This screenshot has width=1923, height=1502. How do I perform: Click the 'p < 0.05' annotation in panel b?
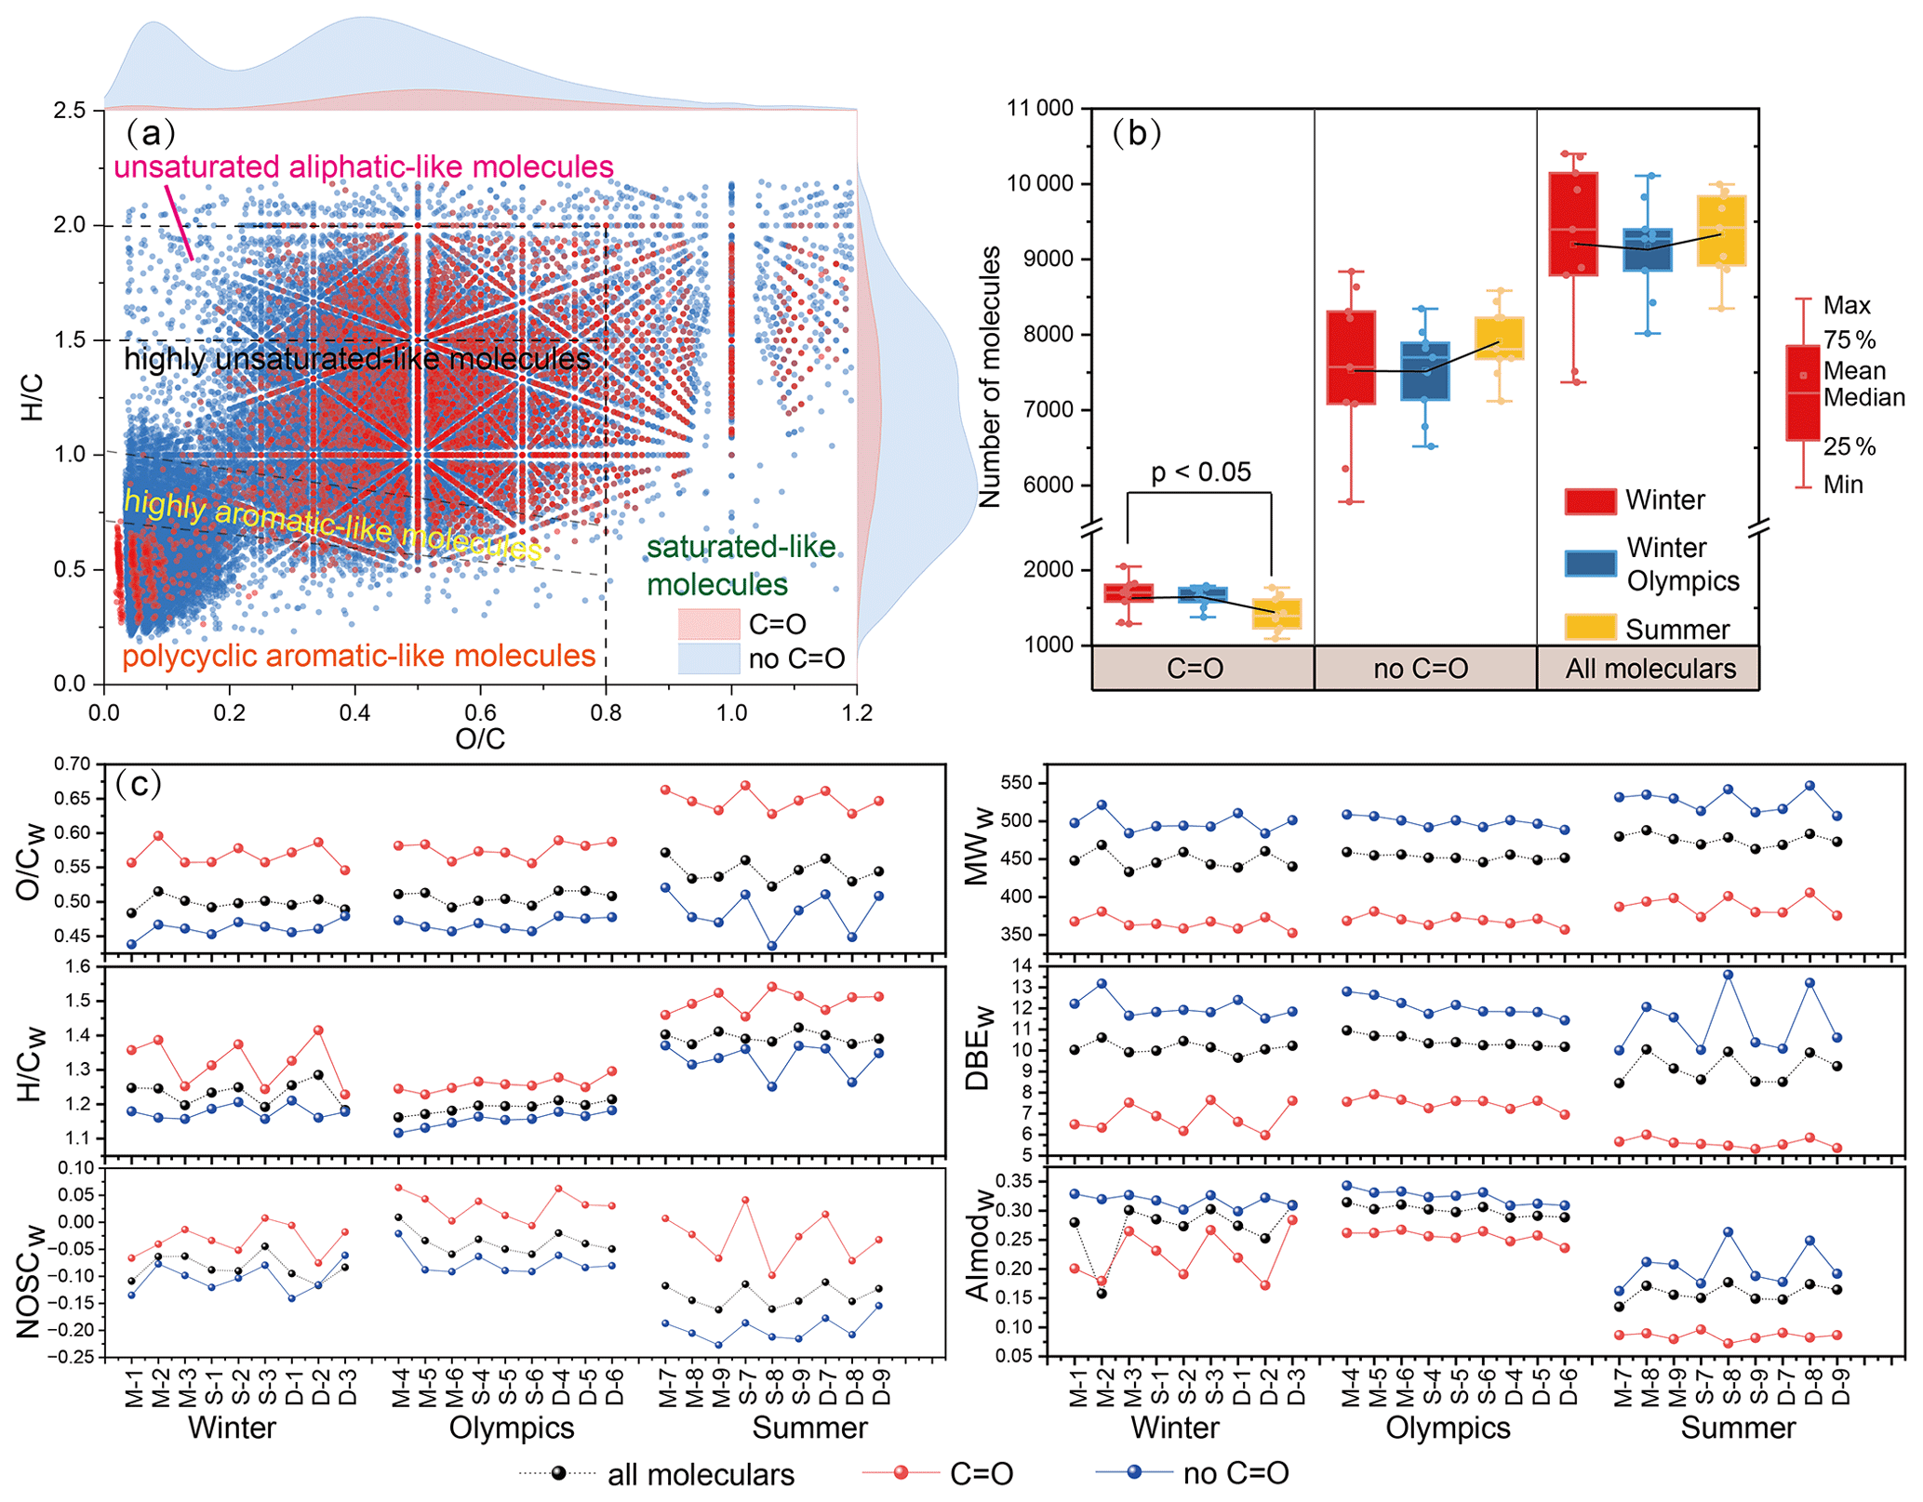pyautogui.click(x=1200, y=472)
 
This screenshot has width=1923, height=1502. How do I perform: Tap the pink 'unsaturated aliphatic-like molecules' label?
pyautogui.click(x=363, y=167)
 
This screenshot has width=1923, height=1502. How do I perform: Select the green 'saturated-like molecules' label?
pyautogui.click(x=741, y=565)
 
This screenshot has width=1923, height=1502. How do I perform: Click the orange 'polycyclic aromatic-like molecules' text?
pyautogui.click(x=358, y=657)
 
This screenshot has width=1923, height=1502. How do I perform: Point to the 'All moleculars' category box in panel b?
pyautogui.click(x=1649, y=669)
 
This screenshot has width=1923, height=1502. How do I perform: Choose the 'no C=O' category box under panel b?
pyautogui.click(x=1421, y=669)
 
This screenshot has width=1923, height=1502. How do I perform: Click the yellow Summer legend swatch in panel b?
pyautogui.click(x=1590, y=628)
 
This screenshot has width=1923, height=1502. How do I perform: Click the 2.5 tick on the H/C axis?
pyautogui.click(x=70, y=111)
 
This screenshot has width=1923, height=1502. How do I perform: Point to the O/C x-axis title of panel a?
pyautogui.click(x=479, y=738)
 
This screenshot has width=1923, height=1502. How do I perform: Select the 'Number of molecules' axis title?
pyautogui.click(x=990, y=377)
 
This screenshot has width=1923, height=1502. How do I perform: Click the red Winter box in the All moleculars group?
pyautogui.click(x=1573, y=224)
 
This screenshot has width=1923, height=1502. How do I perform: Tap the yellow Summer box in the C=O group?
pyautogui.click(x=1276, y=614)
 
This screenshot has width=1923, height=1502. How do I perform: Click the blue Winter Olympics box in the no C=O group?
pyautogui.click(x=1424, y=371)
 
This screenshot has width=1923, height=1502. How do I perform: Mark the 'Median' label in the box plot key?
pyautogui.click(x=1863, y=398)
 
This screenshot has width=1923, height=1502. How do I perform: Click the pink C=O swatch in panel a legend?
pyautogui.click(x=708, y=624)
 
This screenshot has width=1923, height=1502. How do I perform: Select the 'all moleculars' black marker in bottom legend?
pyautogui.click(x=558, y=1473)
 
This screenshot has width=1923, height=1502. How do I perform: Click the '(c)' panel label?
pyautogui.click(x=139, y=784)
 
